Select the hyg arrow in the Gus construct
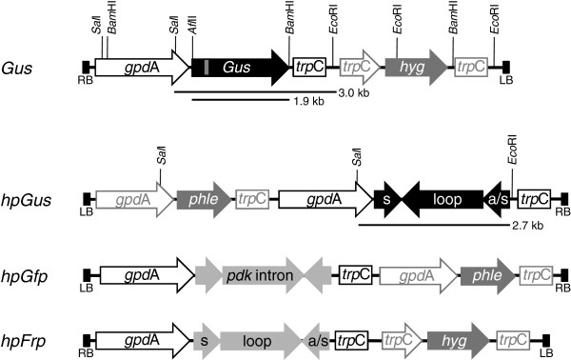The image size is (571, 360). coord(415,66)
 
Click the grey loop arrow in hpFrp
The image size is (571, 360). coord(256,339)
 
